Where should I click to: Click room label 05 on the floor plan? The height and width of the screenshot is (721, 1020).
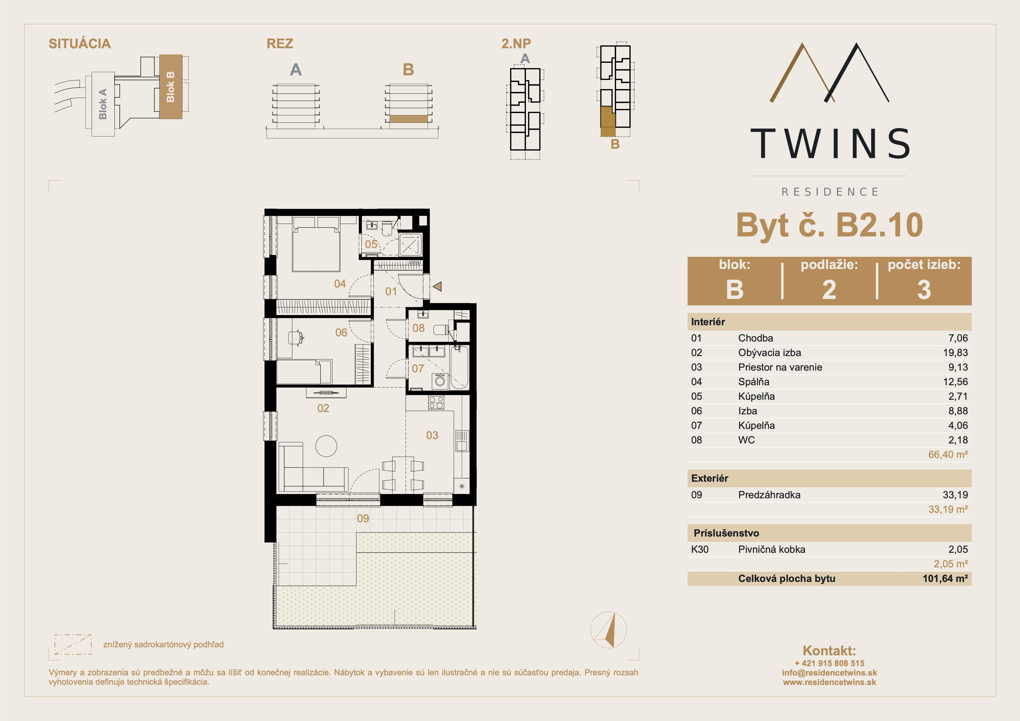coord(371,244)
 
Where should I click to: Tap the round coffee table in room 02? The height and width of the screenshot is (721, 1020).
coord(326,445)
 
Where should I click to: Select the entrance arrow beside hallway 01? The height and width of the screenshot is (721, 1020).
coord(437,286)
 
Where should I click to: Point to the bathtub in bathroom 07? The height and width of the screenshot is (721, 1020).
coord(459,367)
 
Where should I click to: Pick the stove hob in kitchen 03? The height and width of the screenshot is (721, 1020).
coord(436,403)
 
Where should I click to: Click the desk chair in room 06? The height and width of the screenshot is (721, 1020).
coord(295,338)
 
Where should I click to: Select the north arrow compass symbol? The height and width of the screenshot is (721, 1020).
coord(609,630)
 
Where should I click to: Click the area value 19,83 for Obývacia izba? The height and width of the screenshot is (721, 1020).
coord(955,353)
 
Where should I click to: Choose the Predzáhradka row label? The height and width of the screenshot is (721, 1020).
coord(769,495)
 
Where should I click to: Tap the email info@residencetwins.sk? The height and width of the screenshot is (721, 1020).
coord(829,672)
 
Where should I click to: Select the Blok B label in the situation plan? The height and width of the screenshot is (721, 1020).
coord(170,87)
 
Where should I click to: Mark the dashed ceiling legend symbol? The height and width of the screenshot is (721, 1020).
coord(73,644)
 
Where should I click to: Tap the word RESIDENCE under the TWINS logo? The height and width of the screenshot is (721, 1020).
coord(829,192)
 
